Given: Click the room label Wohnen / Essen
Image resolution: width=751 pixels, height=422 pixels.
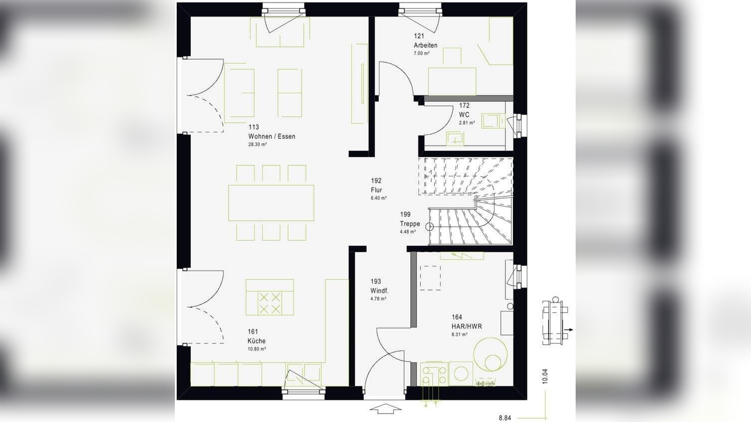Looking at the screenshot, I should pos(272,136).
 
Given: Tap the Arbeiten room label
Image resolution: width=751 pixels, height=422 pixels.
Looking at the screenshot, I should pos(425,45).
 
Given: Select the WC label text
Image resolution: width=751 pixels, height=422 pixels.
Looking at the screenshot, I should pos(464,115).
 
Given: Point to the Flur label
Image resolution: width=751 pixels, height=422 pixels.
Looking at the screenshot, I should pos(376,190).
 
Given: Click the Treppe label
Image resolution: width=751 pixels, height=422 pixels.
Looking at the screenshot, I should pos(410,224).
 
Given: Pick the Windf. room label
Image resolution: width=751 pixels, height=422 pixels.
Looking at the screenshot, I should pos(379,291).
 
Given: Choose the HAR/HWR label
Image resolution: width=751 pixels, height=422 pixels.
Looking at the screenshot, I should pos(466,326).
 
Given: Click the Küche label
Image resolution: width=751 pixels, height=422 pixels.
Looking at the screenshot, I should pos(257,341).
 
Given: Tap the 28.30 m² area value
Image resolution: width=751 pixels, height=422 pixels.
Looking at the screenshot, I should pos(258,145).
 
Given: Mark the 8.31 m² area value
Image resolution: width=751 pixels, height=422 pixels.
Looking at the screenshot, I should pos(459,334).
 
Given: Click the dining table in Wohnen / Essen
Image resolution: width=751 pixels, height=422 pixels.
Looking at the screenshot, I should pos(271,203).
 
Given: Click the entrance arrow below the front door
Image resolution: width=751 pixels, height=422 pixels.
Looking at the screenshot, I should pos(385,409).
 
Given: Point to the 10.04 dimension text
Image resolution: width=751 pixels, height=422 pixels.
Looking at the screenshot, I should pos(545,376).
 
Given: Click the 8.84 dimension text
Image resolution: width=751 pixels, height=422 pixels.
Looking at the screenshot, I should pos(505,418).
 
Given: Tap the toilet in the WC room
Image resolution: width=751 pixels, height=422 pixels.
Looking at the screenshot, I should pos(491,121).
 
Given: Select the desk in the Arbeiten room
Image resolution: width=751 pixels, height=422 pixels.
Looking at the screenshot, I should pos(451,80).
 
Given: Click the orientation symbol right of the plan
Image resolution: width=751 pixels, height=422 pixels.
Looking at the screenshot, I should pos(555,321).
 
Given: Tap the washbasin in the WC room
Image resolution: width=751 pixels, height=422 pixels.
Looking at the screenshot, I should pos(455,139).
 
